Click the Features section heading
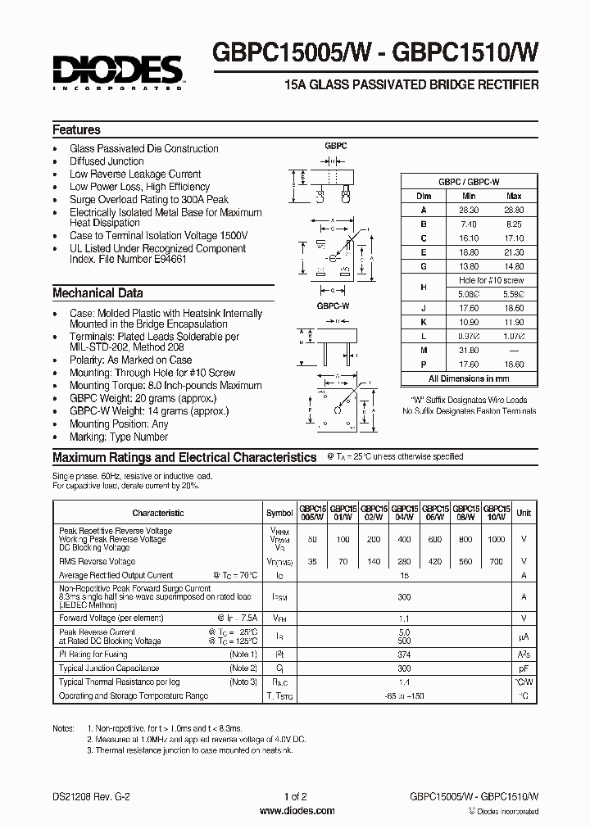point(76,130)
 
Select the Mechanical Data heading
point(98,293)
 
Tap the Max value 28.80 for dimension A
point(514,210)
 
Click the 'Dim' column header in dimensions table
point(424,197)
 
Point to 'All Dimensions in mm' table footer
point(469,379)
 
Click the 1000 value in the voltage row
point(497,540)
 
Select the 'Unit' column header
point(524,513)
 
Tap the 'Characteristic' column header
point(157,513)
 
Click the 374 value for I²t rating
point(403,655)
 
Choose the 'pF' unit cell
point(524,668)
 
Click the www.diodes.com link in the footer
point(296,811)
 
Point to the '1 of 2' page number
point(295,796)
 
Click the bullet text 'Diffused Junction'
point(107,161)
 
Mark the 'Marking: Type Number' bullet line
point(120,437)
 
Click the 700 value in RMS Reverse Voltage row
point(497,562)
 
